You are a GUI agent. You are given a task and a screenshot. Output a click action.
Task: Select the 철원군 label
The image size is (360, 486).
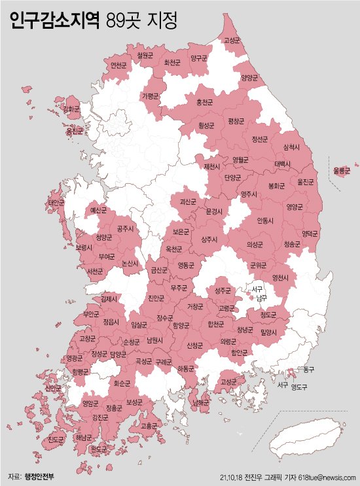pos(145,56)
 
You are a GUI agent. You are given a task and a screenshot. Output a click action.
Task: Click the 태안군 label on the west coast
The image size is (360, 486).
pos(56,203)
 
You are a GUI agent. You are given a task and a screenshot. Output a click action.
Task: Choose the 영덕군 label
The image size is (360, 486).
pos(310,233)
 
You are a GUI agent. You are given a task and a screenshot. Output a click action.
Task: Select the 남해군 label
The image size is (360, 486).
pos(201,403)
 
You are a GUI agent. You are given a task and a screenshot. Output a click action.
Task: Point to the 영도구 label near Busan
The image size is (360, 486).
pos(299,386)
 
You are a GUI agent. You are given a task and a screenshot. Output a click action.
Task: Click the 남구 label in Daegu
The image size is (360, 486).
pos(261,298)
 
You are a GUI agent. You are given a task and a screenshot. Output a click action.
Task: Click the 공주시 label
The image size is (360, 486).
pos(124,229)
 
